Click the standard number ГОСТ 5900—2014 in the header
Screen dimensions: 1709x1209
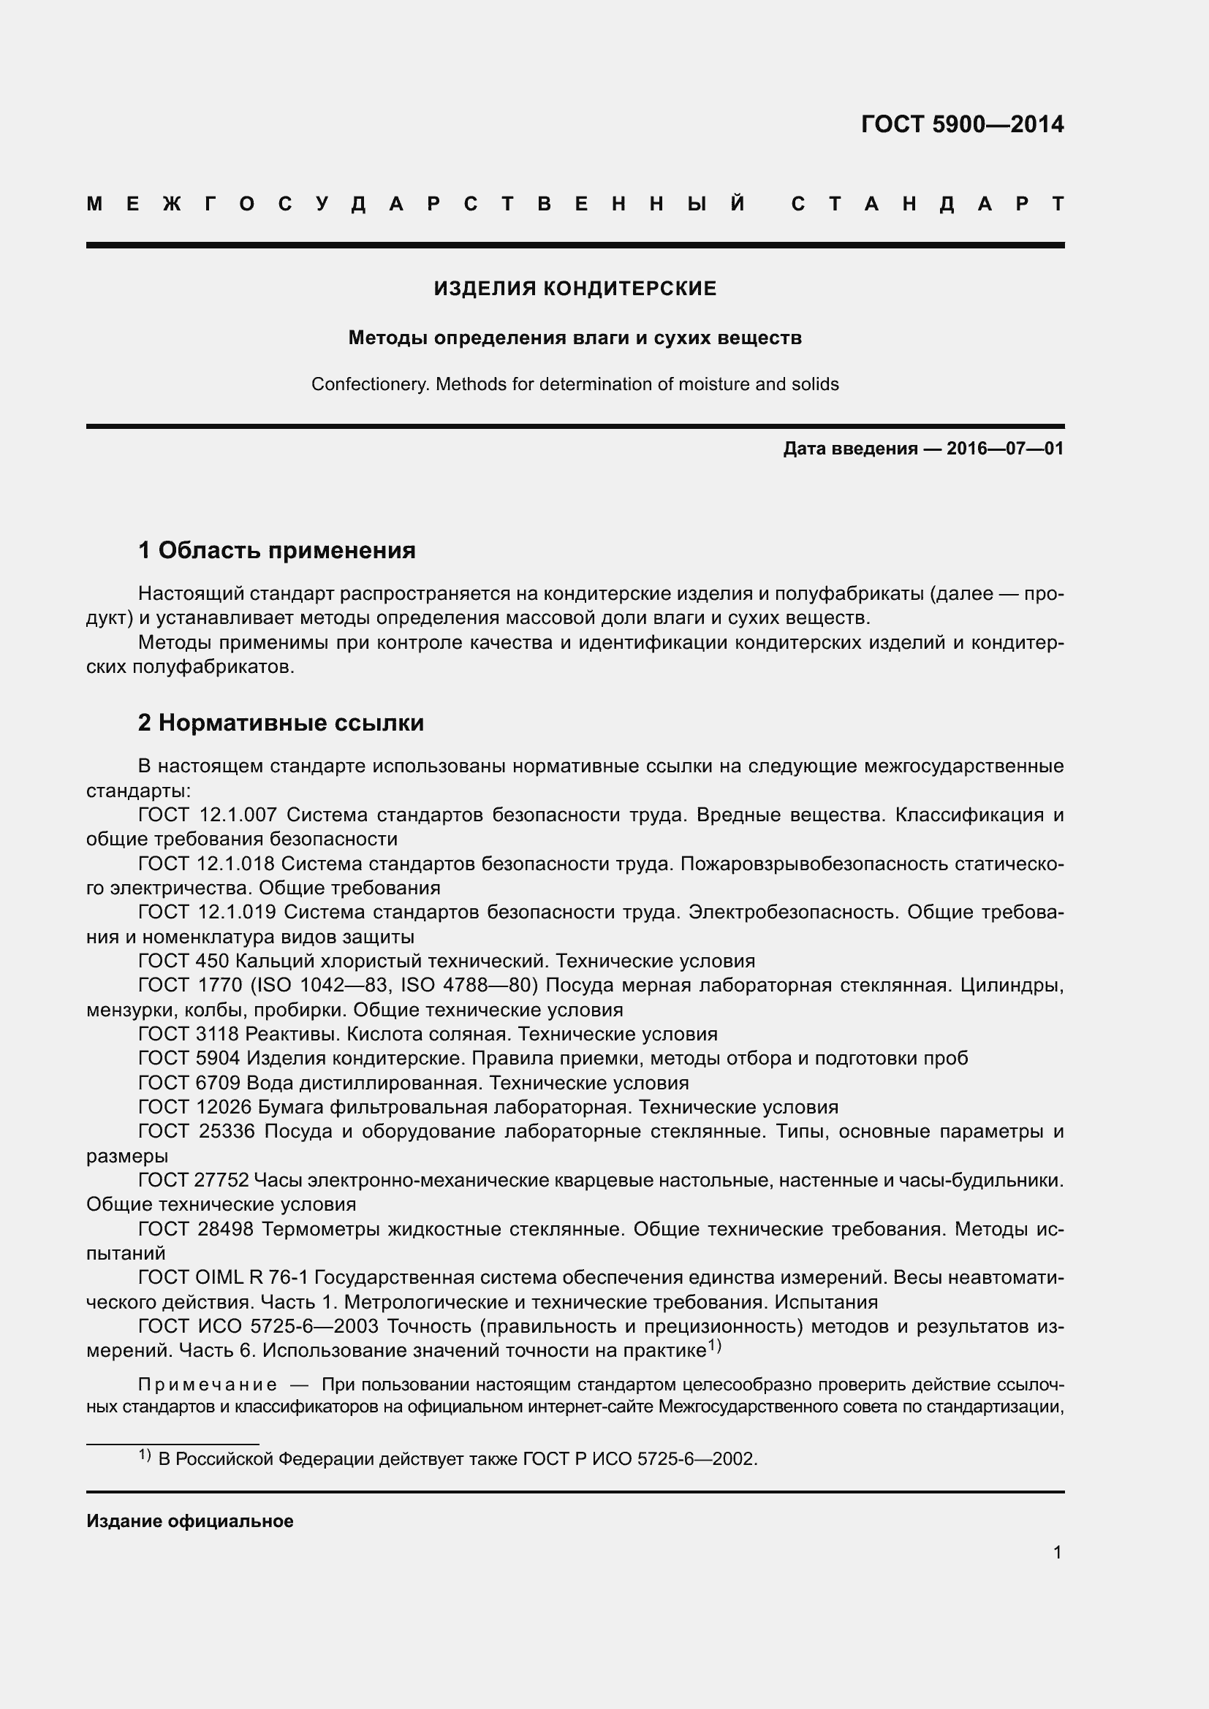962,123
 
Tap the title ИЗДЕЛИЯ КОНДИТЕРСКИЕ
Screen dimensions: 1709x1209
575,289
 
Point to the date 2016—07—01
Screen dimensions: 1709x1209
1005,449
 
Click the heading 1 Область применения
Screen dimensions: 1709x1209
277,551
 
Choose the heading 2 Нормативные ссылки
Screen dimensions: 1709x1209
281,723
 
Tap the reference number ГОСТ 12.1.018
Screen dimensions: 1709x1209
206,864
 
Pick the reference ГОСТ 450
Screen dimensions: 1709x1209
183,961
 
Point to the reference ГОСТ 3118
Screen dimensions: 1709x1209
189,1034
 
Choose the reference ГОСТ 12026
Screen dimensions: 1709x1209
195,1107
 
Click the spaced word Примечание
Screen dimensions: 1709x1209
208,1385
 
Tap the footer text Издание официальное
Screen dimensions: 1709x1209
190,1521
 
